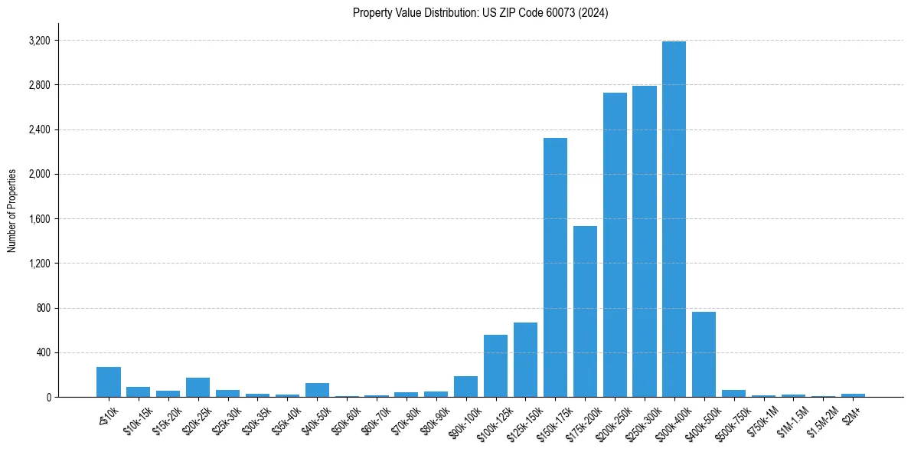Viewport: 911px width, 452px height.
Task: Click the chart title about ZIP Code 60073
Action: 480,12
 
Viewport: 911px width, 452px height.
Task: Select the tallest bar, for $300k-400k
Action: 674,219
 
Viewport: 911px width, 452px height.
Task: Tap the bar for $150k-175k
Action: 555,267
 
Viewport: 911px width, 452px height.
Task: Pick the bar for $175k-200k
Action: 585,312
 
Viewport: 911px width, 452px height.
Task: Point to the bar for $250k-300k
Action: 645,241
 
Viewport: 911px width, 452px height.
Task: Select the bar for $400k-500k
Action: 704,355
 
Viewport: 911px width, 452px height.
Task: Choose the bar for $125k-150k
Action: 525,360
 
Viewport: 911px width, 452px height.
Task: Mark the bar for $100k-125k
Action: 495,366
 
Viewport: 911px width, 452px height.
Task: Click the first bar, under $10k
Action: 109,382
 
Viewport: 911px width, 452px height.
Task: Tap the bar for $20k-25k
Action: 198,388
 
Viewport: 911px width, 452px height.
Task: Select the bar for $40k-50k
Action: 317,390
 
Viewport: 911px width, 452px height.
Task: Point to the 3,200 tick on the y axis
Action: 38,40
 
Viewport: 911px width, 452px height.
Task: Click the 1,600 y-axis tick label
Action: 38,219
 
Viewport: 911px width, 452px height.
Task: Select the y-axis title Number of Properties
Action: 12,211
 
